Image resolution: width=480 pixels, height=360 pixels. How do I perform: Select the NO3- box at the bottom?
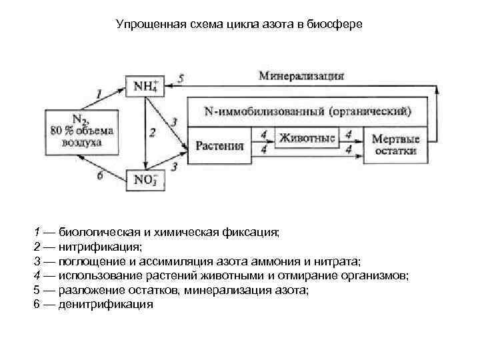point(144,180)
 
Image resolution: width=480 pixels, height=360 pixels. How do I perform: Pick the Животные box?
point(307,139)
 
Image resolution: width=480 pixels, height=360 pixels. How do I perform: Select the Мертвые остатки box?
point(395,145)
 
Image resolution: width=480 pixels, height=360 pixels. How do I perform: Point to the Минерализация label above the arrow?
point(301,75)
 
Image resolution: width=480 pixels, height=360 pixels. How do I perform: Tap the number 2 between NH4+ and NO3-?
point(153,133)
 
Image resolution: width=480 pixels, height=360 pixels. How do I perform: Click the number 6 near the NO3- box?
point(100,176)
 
